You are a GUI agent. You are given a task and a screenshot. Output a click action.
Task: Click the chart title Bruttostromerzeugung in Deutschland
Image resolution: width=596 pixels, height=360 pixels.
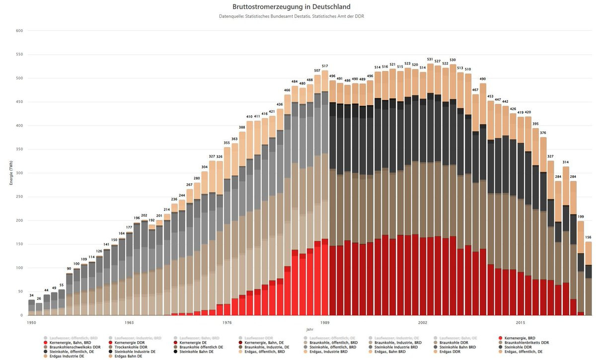(291, 7)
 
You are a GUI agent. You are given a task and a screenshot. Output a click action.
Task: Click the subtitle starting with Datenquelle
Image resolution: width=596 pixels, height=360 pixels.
(291, 17)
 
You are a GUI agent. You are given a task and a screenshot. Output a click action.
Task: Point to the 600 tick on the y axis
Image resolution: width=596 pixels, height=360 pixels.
(20, 31)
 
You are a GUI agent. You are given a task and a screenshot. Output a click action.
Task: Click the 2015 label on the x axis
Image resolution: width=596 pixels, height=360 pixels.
(520, 322)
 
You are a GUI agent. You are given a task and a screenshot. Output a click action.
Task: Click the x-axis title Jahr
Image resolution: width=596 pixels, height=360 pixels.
(309, 329)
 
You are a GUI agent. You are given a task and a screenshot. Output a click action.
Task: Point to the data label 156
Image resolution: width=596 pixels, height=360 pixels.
(588, 237)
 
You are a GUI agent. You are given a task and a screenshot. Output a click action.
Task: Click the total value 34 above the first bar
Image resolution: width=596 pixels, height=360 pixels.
(31, 295)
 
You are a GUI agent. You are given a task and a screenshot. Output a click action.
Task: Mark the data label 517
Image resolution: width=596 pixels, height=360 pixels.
(325, 66)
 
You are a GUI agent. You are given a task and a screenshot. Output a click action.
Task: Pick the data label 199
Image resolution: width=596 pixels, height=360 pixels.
(581, 217)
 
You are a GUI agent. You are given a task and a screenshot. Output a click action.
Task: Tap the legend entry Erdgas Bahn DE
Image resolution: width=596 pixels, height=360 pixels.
(128, 356)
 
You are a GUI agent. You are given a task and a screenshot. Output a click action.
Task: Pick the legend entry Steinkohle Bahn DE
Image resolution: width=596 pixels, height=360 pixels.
(196, 352)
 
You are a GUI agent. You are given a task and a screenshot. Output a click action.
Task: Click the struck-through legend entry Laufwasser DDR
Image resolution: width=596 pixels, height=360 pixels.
(257, 338)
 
